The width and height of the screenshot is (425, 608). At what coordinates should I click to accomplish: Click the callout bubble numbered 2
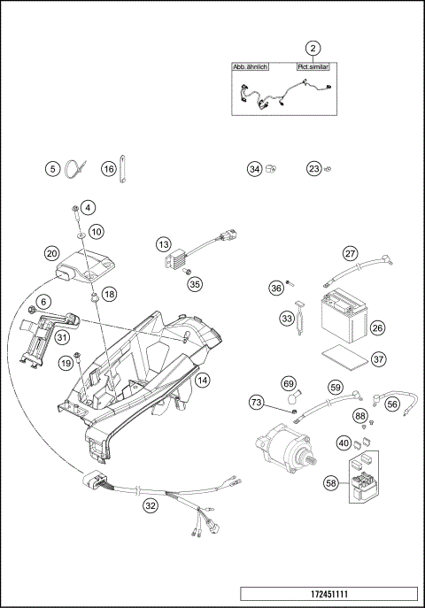[313, 48]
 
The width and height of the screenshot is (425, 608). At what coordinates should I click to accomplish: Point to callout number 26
[377, 328]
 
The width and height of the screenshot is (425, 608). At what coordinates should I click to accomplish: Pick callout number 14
[203, 381]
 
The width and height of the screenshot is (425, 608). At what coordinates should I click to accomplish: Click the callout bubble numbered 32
[151, 505]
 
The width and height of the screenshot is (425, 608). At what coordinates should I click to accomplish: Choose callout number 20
[52, 253]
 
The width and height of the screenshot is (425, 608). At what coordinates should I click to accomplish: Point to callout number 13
[163, 243]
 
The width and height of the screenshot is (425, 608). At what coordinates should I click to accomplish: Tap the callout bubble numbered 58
[331, 484]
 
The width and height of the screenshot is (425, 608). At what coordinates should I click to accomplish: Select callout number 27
[350, 253]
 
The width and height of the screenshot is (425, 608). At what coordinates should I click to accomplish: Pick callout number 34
[255, 168]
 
